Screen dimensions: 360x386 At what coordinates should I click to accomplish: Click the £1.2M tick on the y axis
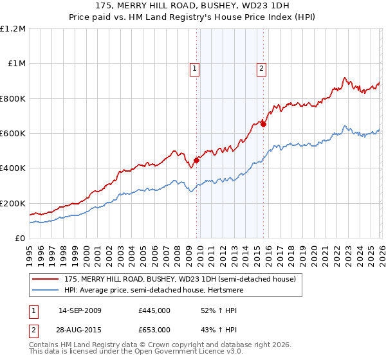[13, 28]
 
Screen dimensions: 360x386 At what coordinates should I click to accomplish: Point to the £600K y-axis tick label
[13, 133]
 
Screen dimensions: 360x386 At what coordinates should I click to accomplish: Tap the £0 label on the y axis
[19, 238]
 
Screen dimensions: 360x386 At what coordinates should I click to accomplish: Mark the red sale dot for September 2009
[196, 161]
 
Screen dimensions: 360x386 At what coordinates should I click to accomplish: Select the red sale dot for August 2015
[263, 124]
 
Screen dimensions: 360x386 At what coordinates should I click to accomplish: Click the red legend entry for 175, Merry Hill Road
[179, 279]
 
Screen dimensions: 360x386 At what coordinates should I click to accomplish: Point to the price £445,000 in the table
[154, 310]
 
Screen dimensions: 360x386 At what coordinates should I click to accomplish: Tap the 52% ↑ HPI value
[219, 310]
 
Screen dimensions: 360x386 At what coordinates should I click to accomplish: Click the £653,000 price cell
[154, 329]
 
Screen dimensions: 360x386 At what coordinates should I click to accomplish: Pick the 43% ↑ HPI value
[219, 329]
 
